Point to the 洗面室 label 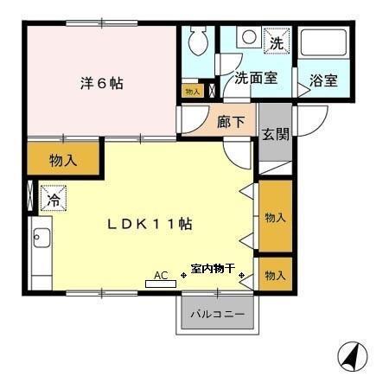pyautogui.click(x=256, y=78)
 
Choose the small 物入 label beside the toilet pyautogui.click(x=192, y=90)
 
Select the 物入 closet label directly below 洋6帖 pyautogui.click(x=63, y=160)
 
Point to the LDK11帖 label pyautogui.click(x=149, y=224)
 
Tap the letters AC pyautogui.click(x=161, y=275)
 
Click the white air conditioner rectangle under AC pyautogui.click(x=161, y=284)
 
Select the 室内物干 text pyautogui.click(x=212, y=271)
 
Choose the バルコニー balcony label pyautogui.click(x=218, y=315)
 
